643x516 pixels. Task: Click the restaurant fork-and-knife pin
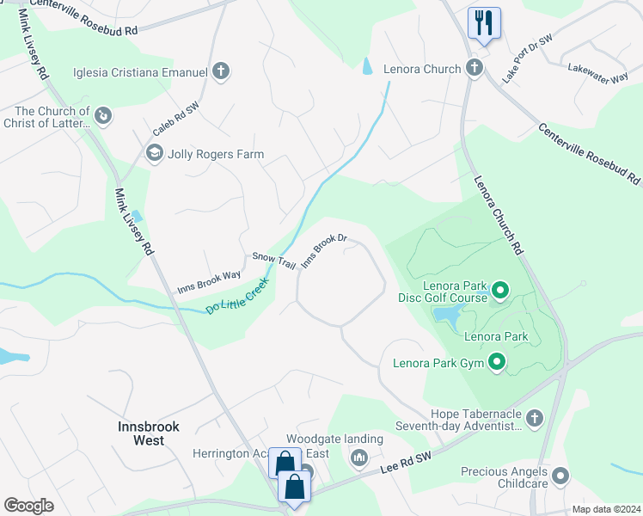click(x=484, y=22)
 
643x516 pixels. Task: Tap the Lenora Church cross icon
click(x=475, y=68)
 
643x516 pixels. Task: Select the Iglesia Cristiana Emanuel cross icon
click(x=221, y=71)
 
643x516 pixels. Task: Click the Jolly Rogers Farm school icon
click(x=154, y=154)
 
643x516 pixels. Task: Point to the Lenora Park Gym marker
click(x=496, y=363)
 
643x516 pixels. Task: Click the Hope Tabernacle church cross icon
click(x=535, y=418)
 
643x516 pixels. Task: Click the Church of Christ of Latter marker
click(x=103, y=114)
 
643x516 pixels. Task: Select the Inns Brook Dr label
click(x=324, y=251)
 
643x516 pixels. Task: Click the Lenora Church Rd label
click(x=499, y=214)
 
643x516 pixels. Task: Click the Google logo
click(x=28, y=506)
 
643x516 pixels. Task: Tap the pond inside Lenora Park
click(x=447, y=319)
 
